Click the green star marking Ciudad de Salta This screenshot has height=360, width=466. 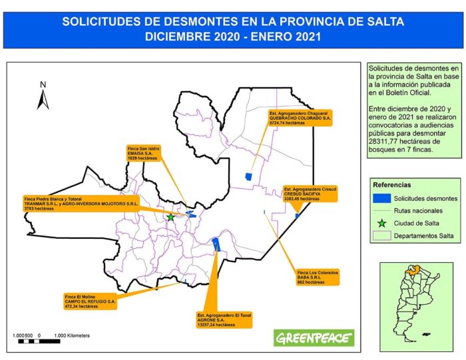170,217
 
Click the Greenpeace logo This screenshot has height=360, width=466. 314,337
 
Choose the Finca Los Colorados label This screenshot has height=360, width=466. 318,277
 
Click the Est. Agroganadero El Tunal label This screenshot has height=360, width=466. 225,319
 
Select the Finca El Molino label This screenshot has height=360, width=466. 90,301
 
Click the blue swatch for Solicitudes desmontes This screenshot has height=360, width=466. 381,198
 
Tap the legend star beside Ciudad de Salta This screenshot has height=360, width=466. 381,223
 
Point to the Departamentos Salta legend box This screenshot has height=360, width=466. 381,236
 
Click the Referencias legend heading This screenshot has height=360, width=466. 391,184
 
